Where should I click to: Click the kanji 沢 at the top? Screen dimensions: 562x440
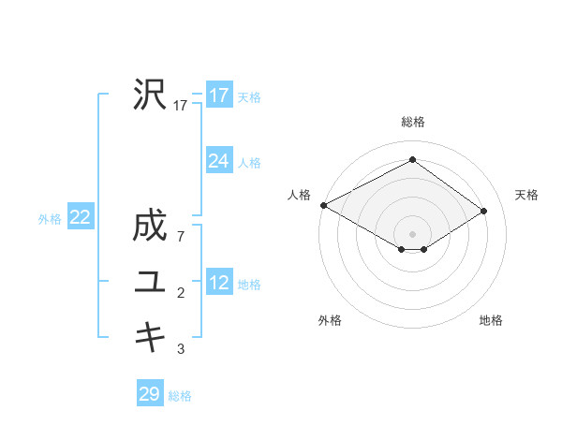click(x=150, y=95)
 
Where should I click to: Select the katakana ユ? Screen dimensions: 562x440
click(x=150, y=281)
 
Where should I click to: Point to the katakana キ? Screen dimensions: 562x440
click(x=150, y=336)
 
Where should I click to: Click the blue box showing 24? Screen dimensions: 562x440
click(x=218, y=161)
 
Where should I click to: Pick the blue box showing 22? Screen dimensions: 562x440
click(x=80, y=217)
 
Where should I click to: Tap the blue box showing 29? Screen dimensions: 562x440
click(x=150, y=394)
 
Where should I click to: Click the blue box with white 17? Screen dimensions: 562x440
click(x=218, y=95)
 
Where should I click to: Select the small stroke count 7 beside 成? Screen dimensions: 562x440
click(x=181, y=238)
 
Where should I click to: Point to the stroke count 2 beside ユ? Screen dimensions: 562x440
click(x=181, y=293)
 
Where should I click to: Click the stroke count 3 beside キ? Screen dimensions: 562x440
click(x=181, y=348)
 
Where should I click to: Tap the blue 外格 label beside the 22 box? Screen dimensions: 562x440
click(x=50, y=219)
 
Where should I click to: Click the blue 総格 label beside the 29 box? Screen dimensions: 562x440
click(x=180, y=396)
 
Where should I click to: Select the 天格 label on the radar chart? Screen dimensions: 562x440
click(x=526, y=195)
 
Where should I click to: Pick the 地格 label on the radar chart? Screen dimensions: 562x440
click(x=491, y=320)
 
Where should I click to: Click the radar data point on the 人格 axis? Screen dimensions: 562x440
click(x=323, y=204)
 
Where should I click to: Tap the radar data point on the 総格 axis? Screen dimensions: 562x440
click(x=412, y=159)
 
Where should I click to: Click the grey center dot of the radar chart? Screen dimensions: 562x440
click(x=412, y=233)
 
